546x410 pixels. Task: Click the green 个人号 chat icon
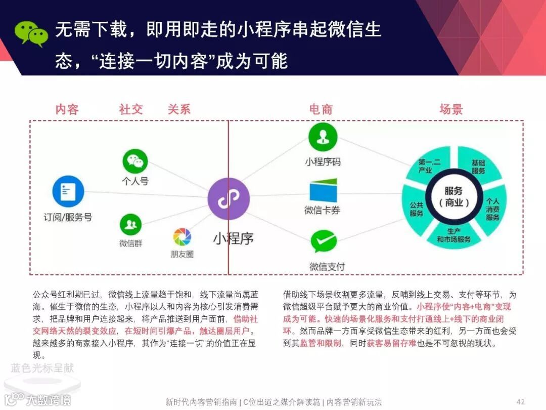pos(135,161)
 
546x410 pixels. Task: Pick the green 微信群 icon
pos(130,224)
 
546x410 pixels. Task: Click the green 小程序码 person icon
pos(323,137)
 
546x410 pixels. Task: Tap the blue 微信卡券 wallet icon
pos(324,191)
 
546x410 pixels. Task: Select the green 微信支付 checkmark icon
pos(324,242)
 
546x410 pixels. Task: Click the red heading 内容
pos(67,109)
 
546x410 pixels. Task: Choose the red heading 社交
pos(131,109)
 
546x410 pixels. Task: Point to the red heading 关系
pos(179,109)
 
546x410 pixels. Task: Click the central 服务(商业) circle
pos(453,197)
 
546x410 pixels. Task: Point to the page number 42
pos(520,401)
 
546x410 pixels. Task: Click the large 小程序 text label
pos(233,238)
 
